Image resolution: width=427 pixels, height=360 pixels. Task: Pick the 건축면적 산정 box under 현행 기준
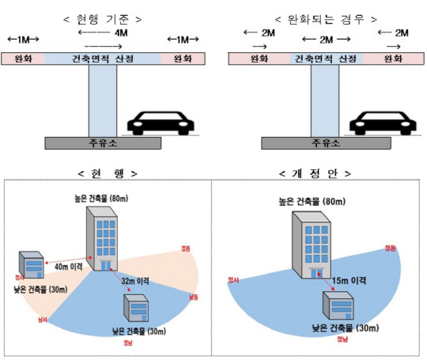tap(103, 59)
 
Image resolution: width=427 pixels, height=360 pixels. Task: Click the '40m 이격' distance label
tap(69, 267)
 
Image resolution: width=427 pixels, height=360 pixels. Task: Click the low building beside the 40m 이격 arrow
tap(32, 270)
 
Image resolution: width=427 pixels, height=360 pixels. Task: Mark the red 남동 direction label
tap(193, 297)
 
